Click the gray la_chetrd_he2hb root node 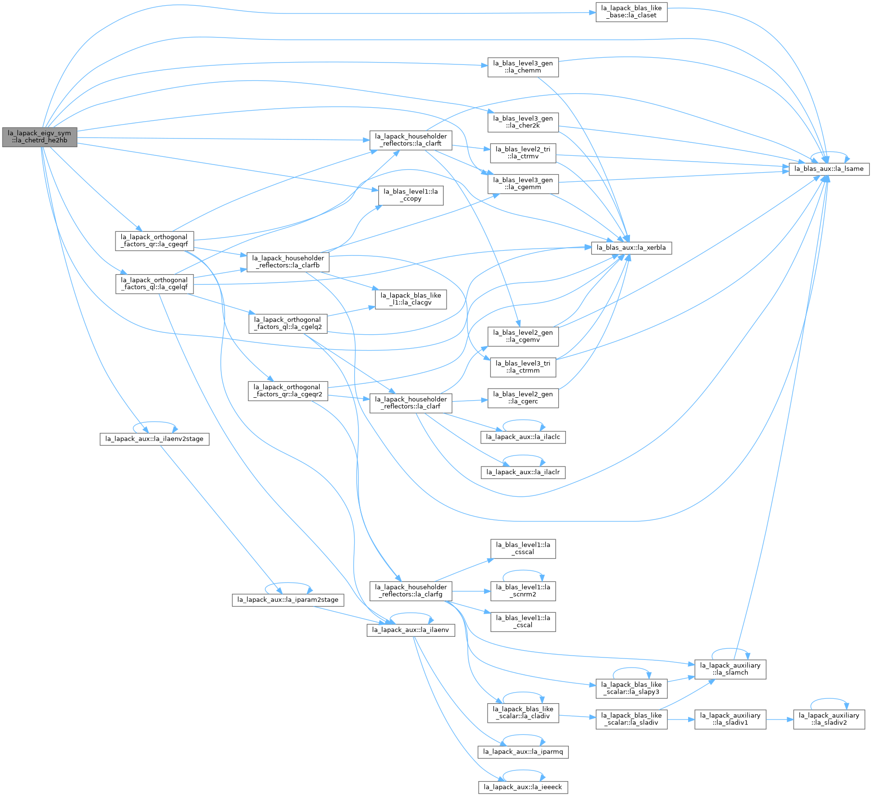click(x=39, y=137)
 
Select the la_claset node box click(x=631, y=12)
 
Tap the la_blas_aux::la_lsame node click(x=829, y=169)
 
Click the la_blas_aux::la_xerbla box click(x=631, y=248)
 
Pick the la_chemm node click(x=523, y=67)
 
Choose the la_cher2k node click(x=523, y=122)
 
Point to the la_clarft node click(x=411, y=140)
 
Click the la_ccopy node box click(x=411, y=195)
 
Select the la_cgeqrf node click(x=154, y=240)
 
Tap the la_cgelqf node click(x=154, y=284)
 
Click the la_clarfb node click(x=288, y=262)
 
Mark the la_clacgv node click(x=411, y=299)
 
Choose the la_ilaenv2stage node click(x=154, y=439)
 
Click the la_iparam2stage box click(x=288, y=600)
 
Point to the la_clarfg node click(x=411, y=591)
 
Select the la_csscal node click(x=523, y=549)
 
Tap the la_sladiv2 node click(x=829, y=720)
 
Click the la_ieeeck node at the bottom click(x=523, y=787)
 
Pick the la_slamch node click(x=730, y=670)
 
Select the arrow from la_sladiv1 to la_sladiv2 click(x=780, y=720)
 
